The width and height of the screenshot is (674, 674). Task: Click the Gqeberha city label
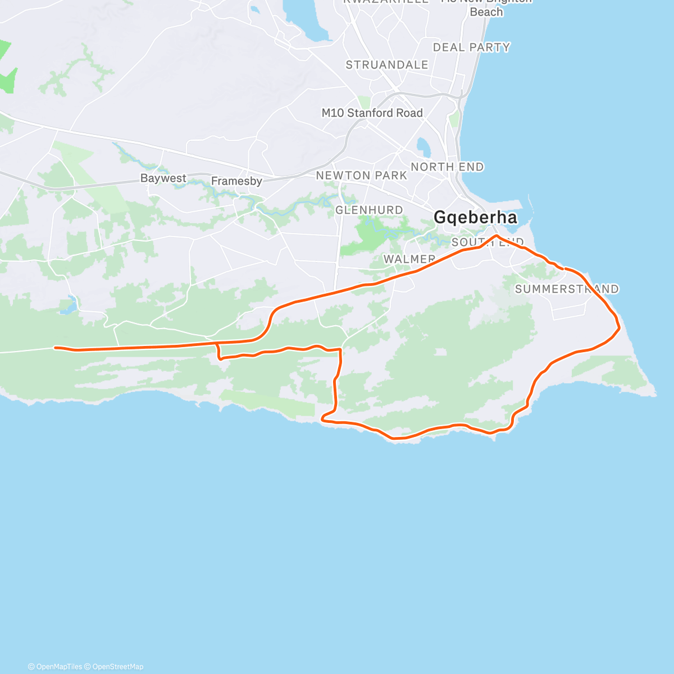[475, 217]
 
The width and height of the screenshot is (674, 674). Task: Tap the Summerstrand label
[566, 289]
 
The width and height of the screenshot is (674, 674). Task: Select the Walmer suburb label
[409, 259]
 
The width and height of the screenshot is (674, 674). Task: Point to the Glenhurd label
[369, 210]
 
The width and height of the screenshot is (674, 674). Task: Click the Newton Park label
[361, 176]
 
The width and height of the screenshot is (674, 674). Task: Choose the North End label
[447, 167]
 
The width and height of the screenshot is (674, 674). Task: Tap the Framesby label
[236, 181]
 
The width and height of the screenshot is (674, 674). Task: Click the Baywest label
[163, 178]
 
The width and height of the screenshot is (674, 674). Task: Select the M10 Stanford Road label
[372, 113]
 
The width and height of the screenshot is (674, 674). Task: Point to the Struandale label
[386, 65]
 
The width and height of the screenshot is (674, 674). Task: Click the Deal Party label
[471, 48]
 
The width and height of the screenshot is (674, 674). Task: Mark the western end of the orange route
[55, 348]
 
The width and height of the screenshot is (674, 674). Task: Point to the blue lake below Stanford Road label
[423, 147]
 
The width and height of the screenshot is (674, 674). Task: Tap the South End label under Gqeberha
[487, 242]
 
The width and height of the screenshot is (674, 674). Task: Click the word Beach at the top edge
[486, 12]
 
